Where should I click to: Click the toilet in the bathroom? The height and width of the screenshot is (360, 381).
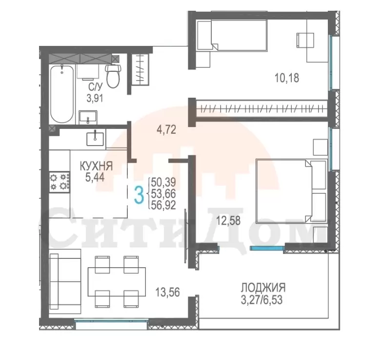click(x=113, y=76)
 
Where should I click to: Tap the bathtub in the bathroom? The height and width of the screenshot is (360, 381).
click(x=62, y=94)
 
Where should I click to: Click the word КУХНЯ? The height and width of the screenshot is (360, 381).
click(x=97, y=167)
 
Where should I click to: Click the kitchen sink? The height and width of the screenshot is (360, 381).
click(x=96, y=138)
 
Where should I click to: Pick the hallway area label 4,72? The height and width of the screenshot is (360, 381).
click(x=166, y=129)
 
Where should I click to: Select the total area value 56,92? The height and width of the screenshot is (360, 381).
click(x=163, y=206)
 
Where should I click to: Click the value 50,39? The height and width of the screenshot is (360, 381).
click(x=163, y=182)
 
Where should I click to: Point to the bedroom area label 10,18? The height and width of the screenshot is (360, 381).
click(x=287, y=78)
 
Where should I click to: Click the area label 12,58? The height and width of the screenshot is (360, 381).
click(x=228, y=221)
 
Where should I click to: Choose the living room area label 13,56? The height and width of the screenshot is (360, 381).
click(x=168, y=292)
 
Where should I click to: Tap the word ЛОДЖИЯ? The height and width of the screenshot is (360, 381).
click(x=263, y=288)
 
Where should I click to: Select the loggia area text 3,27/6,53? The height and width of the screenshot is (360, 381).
click(x=261, y=300)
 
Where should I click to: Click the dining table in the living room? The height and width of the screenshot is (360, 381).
click(x=117, y=282)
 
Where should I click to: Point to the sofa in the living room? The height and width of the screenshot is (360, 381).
click(x=65, y=281)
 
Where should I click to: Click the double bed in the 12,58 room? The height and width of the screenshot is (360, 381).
click(x=291, y=191)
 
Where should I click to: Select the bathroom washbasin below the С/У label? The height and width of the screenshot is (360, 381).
click(x=88, y=118)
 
